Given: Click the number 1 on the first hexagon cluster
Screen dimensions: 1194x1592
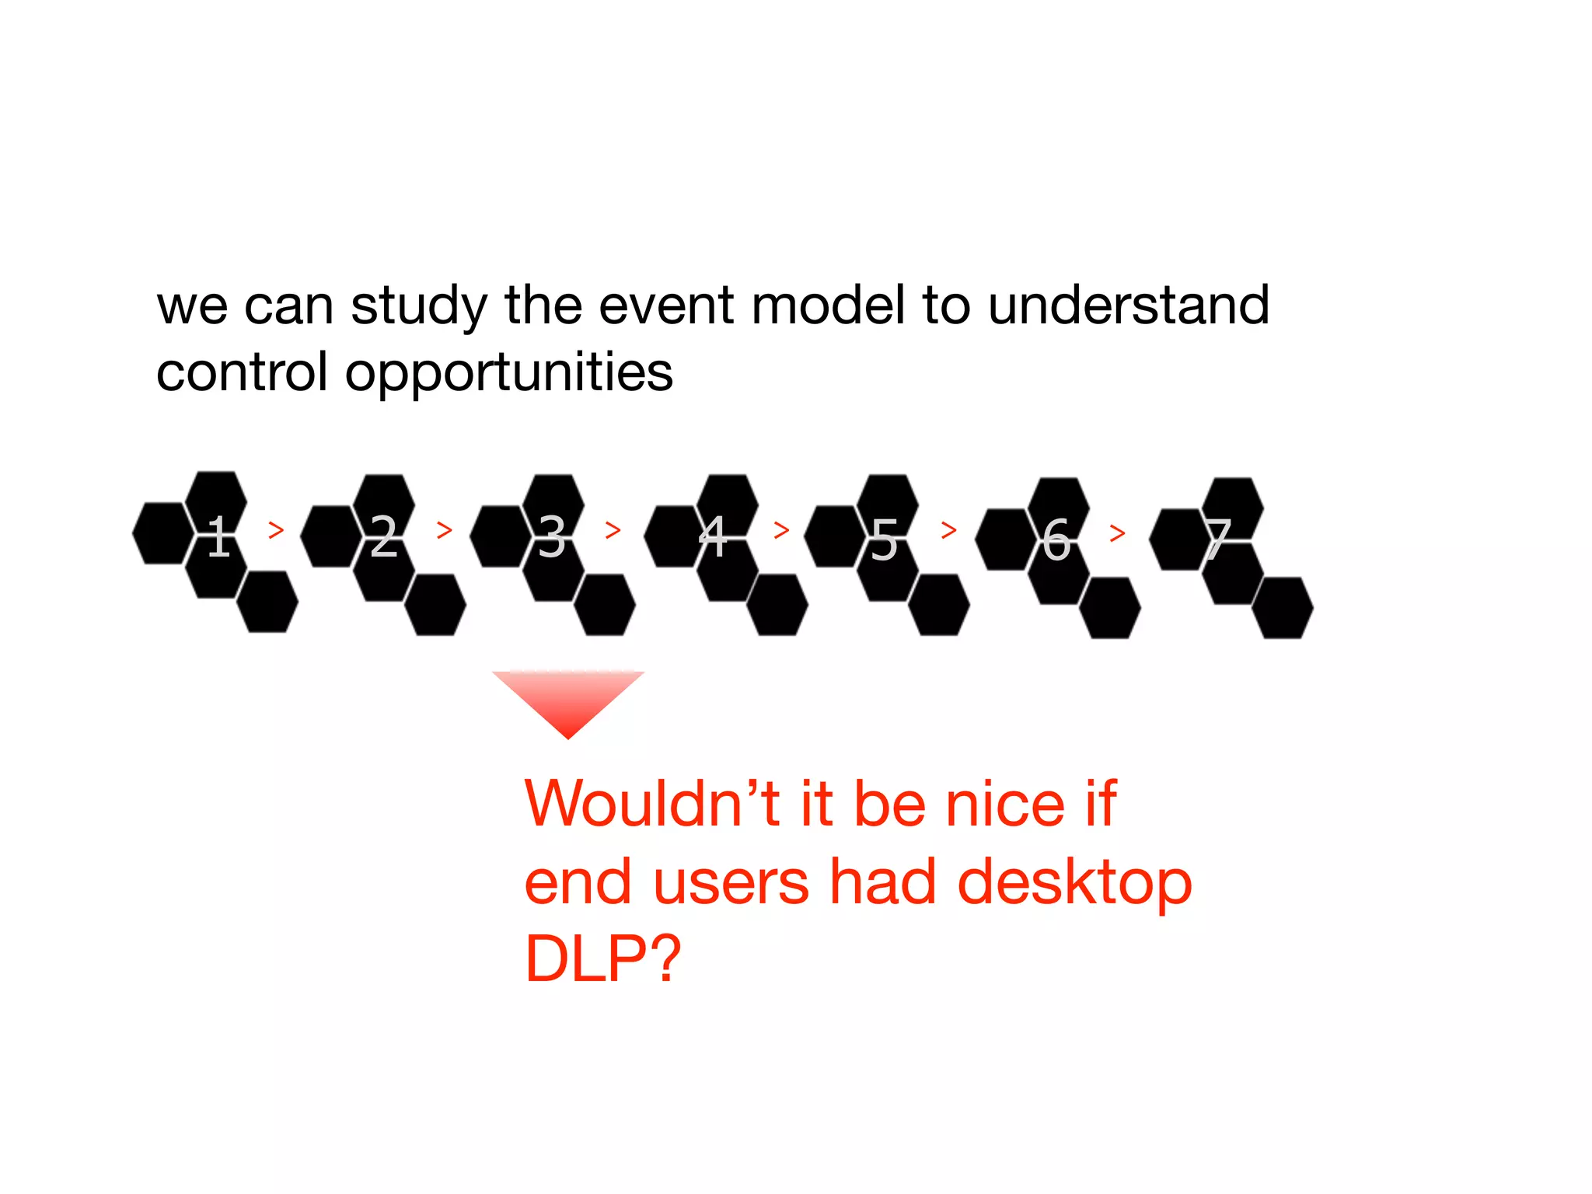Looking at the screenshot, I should click(219, 536).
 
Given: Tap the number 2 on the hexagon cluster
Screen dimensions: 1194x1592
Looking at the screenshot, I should click(384, 536).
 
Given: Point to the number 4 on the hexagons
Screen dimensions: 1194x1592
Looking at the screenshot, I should click(714, 536).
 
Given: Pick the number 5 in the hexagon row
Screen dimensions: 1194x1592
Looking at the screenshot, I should click(884, 539).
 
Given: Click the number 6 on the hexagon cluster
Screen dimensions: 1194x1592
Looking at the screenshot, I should click(1056, 539).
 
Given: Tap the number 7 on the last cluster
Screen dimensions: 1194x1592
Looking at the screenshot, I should click(1218, 539).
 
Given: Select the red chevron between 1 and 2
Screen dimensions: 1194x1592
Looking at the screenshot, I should click(276, 530).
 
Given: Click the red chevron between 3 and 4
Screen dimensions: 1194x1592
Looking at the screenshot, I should click(613, 530).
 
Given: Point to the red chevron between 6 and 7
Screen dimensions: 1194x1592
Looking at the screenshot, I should click(1118, 533).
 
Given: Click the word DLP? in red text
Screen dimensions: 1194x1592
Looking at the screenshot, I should click(603, 958).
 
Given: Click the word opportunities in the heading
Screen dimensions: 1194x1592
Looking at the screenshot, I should click(509, 373).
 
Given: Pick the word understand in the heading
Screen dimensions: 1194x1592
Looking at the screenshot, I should click(1129, 305).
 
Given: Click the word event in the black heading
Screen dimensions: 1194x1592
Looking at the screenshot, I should click(665, 305).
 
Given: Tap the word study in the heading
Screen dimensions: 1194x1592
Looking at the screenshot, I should click(419, 306).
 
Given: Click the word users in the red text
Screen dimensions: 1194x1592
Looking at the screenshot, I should click(731, 883).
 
